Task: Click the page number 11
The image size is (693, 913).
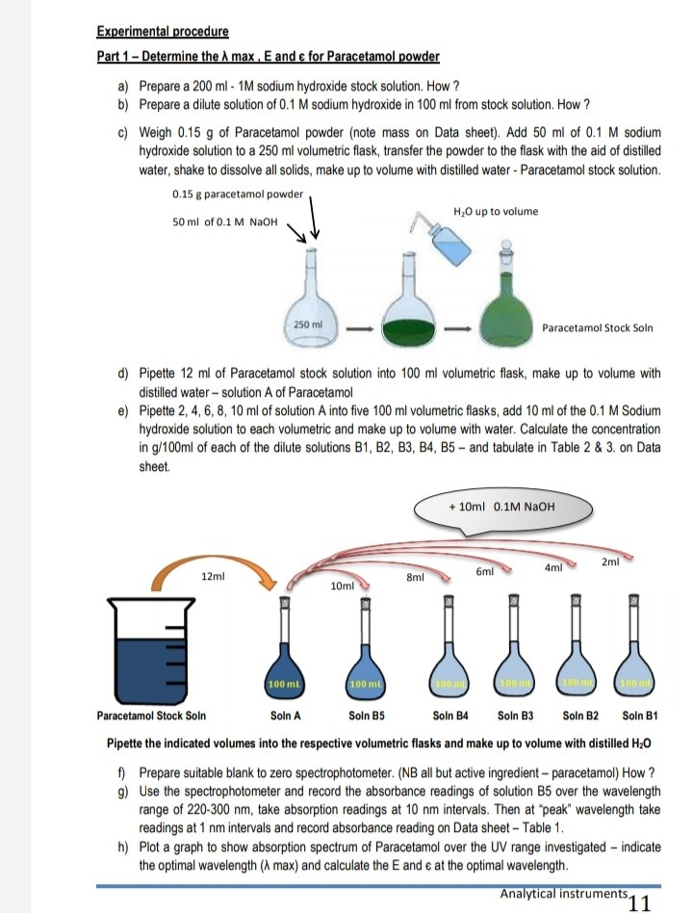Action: click(638, 901)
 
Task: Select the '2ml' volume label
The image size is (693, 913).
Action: click(609, 561)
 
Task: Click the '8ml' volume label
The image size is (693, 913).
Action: click(416, 578)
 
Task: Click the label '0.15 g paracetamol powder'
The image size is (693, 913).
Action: click(237, 194)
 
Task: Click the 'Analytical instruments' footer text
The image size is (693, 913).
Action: click(563, 894)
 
